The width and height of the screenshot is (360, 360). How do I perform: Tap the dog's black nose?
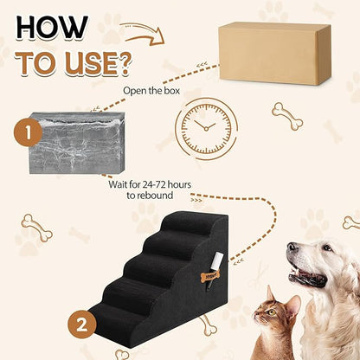pos(293,251)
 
